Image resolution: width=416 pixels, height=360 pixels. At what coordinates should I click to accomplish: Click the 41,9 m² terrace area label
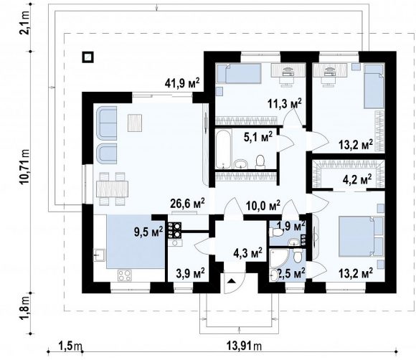(182, 82)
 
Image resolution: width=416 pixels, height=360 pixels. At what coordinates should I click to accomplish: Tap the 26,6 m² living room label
(187, 204)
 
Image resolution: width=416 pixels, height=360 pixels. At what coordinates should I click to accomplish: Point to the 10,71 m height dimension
(25, 166)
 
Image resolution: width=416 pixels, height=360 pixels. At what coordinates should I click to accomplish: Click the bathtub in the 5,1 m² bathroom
(223, 149)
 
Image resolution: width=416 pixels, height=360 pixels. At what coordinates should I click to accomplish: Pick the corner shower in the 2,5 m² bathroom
(278, 258)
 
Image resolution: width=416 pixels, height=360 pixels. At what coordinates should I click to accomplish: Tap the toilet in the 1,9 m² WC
(276, 233)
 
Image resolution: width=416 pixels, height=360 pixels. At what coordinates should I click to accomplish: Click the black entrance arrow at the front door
(232, 281)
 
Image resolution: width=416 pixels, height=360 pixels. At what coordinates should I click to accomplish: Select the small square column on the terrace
(88, 57)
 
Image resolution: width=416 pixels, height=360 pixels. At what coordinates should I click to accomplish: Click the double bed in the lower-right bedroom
(361, 237)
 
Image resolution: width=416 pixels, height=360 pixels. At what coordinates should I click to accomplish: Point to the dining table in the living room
(112, 189)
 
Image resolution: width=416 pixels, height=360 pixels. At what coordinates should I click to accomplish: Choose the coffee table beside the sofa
(135, 123)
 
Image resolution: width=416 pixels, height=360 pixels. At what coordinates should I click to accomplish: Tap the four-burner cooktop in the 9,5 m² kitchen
(125, 275)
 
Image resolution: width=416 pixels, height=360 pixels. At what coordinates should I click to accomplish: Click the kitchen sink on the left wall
(99, 255)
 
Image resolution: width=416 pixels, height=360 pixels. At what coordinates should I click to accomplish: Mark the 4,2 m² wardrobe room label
(357, 180)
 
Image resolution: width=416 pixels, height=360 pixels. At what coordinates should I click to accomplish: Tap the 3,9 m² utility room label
(190, 273)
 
